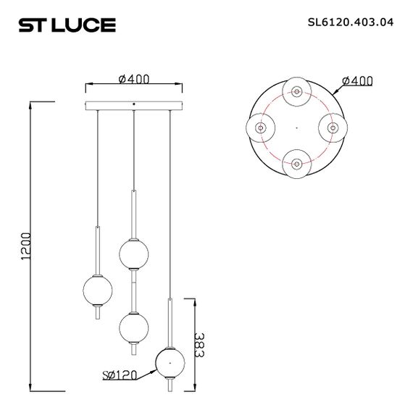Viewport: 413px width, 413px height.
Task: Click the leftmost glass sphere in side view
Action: (x=97, y=289)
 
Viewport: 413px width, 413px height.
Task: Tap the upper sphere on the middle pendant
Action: (x=134, y=253)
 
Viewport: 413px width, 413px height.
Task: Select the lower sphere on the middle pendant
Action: (x=134, y=326)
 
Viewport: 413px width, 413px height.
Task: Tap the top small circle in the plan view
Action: (x=296, y=91)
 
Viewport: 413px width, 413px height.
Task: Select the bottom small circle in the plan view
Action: (x=296, y=162)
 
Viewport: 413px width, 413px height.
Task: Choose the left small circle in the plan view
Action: (x=261, y=127)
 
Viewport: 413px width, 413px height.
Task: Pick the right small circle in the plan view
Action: (x=332, y=127)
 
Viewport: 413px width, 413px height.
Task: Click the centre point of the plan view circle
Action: (x=296, y=127)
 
